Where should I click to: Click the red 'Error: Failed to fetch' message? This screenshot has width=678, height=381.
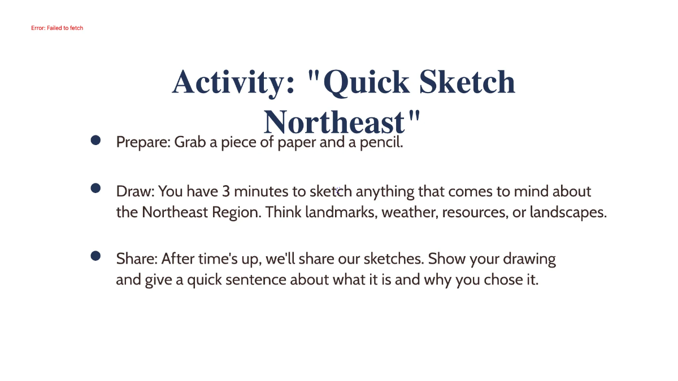(x=57, y=28)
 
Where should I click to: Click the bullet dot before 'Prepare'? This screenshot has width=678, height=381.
(x=95, y=139)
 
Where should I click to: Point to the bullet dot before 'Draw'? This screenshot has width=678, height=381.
(x=95, y=188)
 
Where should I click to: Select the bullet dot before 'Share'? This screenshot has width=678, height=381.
(x=95, y=256)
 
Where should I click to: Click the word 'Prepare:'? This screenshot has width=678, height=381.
(x=144, y=142)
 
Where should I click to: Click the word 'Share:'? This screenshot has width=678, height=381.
(x=137, y=259)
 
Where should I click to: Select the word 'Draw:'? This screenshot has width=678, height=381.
(x=135, y=191)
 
